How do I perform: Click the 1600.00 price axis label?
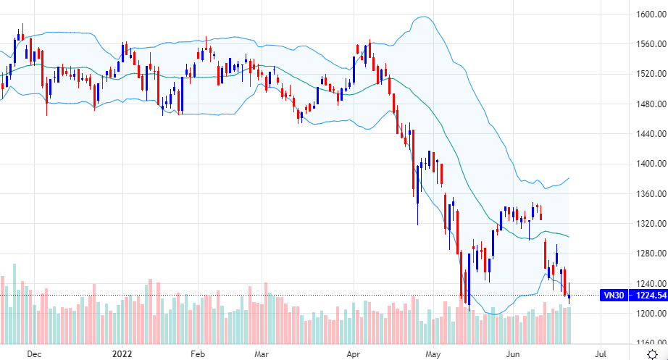point(641,14)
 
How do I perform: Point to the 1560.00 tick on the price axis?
point(641,44)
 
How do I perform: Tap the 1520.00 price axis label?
point(641,74)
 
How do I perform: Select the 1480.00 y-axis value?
point(641,104)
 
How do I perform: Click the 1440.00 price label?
point(641,134)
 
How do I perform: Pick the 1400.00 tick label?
point(641,164)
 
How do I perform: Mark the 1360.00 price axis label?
point(641,194)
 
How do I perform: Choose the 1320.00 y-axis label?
point(641,224)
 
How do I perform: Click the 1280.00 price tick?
point(641,254)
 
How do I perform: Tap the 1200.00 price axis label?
point(641,314)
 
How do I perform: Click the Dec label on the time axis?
point(33,354)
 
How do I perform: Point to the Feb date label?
point(199,354)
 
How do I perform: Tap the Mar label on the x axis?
point(262,354)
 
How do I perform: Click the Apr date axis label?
point(353,354)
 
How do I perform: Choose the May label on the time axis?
point(433,354)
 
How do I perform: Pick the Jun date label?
point(513,354)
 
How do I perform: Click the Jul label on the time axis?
point(600,354)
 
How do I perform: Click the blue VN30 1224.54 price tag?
point(634,295)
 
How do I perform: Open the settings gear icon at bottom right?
point(651,353)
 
